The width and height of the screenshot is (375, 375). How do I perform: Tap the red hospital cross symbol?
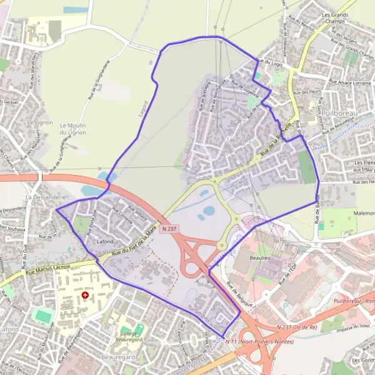(86, 294)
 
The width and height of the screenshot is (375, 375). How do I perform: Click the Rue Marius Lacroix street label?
(47, 269)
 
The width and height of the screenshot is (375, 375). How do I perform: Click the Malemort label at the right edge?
(364, 213)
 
